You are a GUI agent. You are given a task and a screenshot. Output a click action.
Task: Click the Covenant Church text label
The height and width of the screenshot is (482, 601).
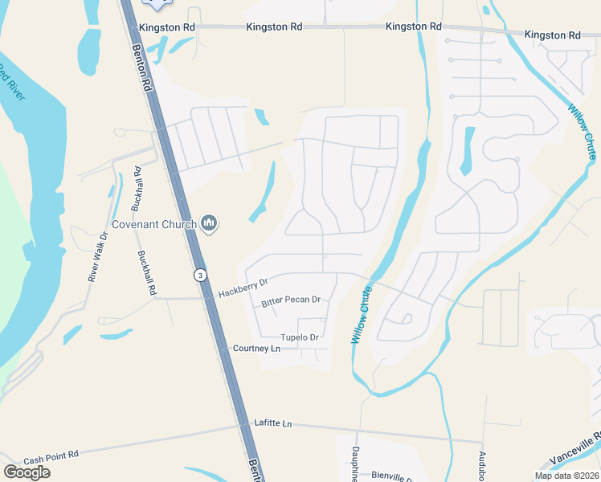(x=153, y=224)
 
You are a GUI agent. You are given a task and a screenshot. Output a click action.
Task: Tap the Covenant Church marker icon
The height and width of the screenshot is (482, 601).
(x=210, y=223)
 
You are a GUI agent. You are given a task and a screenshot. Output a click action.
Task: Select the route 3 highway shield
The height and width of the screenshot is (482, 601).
(x=198, y=275)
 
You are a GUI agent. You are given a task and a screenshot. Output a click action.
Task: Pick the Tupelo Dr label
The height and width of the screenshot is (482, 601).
(x=300, y=337)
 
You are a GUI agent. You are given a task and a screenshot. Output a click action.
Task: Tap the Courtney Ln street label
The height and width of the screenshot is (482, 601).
(x=256, y=349)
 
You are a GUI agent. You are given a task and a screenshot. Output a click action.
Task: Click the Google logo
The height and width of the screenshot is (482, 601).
(x=27, y=472)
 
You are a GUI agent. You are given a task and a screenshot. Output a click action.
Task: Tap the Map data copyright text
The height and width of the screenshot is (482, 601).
(x=566, y=476)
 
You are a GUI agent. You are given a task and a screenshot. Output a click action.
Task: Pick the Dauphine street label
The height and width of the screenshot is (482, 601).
(x=355, y=464)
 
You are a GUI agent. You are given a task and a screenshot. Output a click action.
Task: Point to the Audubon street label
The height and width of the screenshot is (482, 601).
(x=483, y=467)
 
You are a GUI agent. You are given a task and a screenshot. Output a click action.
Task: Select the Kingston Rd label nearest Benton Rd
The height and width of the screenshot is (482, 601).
(x=167, y=27)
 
